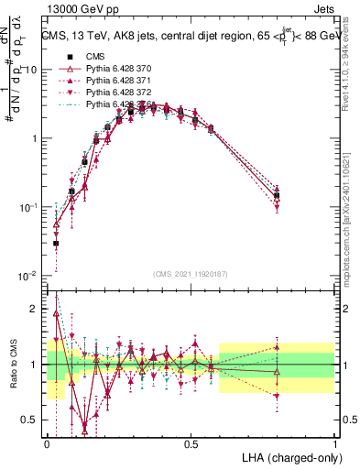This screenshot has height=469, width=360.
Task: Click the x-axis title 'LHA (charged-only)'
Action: (288, 456)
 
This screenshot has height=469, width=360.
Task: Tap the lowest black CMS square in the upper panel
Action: (56, 244)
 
